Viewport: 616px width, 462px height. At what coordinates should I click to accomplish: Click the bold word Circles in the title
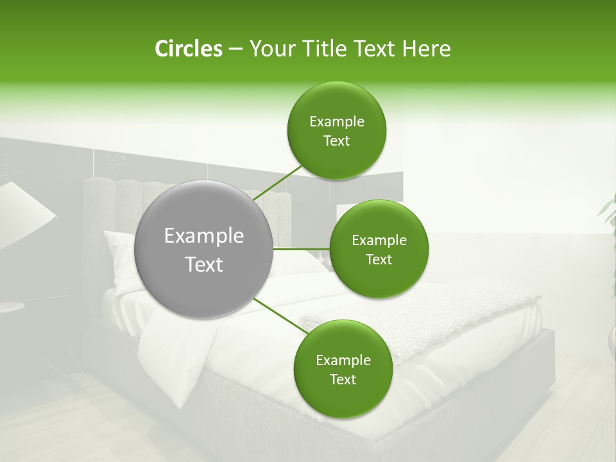[188, 49]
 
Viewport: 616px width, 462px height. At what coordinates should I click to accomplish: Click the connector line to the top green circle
[277, 182]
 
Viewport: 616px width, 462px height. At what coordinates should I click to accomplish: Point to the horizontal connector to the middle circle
[302, 249]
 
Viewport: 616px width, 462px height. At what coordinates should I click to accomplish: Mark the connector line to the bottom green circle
[280, 316]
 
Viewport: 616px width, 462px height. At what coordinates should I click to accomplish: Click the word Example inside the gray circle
[204, 236]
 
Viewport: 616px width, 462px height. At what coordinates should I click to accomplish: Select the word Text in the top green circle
[336, 141]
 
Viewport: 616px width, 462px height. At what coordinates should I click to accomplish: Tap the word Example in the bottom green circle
[343, 361]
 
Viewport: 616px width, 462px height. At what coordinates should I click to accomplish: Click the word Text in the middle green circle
[379, 260]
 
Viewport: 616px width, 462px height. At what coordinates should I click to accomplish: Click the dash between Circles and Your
[235, 49]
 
